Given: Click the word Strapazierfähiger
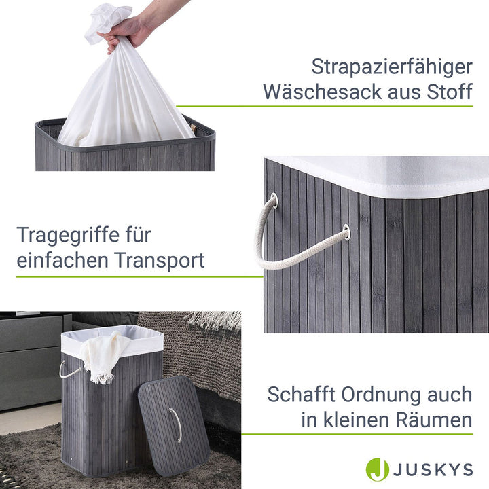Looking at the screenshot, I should (392, 67).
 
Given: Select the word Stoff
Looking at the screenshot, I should (446, 92).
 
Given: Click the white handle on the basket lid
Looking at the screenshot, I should (176, 425).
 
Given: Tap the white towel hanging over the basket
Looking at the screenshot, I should (102, 357).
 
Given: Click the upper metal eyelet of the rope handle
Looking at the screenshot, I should (273, 200).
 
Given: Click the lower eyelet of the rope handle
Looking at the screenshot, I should (346, 232).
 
